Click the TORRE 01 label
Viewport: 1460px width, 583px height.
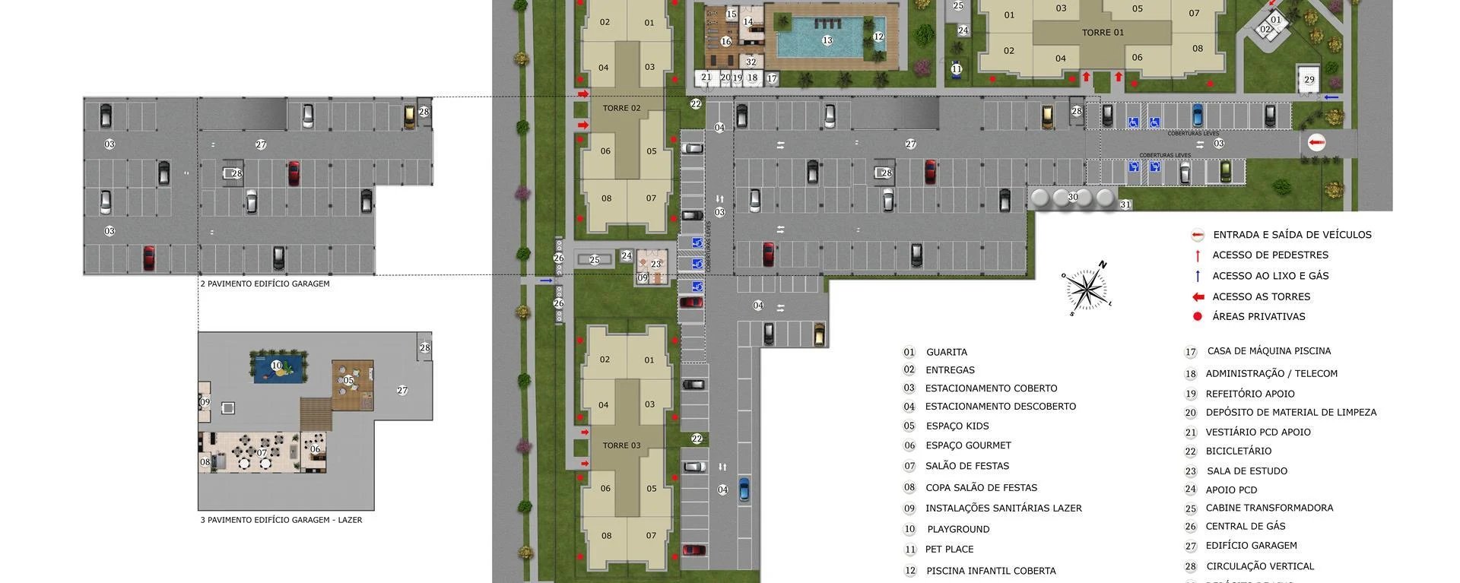click(x=1103, y=33)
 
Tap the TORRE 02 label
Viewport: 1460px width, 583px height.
click(x=621, y=108)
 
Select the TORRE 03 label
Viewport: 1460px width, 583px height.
click(x=621, y=445)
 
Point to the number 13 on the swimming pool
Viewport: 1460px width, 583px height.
click(x=827, y=40)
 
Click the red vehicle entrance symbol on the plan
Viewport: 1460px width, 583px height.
click(x=1316, y=143)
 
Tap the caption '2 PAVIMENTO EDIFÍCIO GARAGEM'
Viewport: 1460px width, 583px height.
click(x=265, y=284)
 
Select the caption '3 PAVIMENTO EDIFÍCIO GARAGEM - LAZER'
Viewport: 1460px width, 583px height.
click(x=281, y=520)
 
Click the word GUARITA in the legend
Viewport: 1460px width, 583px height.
click(x=947, y=352)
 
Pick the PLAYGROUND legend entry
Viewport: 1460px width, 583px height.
click(x=958, y=529)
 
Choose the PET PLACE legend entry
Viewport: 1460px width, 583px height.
click(x=949, y=549)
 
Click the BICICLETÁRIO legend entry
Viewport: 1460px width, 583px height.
click(x=1238, y=451)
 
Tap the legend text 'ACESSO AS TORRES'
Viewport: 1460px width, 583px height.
click(x=1261, y=296)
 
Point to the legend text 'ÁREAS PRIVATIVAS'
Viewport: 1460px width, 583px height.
click(x=1258, y=316)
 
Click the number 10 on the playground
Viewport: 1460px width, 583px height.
click(x=277, y=366)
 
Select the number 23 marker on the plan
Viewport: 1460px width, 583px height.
click(x=655, y=264)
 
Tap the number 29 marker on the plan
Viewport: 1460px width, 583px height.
click(x=1309, y=79)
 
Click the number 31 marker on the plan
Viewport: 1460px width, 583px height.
click(x=1125, y=204)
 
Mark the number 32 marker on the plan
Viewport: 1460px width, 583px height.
click(x=751, y=62)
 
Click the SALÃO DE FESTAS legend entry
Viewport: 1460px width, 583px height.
click(x=967, y=466)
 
